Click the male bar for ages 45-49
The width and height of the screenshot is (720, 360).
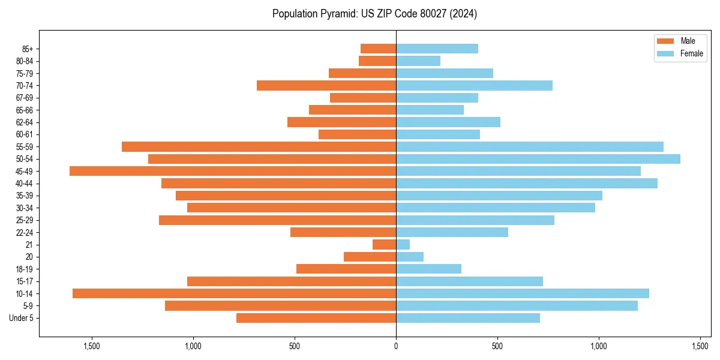coord(233,171)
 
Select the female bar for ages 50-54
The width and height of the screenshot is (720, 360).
coord(538,159)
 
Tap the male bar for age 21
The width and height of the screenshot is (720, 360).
coord(384,245)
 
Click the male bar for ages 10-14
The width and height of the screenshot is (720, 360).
coord(234,293)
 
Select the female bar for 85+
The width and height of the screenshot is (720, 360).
coord(437,49)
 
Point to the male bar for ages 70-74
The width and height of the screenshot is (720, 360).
coord(326,85)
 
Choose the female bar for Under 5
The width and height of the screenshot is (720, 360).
coord(468,318)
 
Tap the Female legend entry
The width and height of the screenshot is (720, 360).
coord(680,53)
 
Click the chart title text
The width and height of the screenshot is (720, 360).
coord(374,14)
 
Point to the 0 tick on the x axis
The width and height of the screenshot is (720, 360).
coord(396,346)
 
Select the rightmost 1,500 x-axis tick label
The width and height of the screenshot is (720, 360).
coord(701,346)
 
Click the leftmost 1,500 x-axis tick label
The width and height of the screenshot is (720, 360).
coord(92,346)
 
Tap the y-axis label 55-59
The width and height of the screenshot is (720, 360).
coord(25,147)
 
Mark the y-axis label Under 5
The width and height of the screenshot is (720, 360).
coord(22,318)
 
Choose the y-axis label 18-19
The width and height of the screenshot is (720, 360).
coord(25,269)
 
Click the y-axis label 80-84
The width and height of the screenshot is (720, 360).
coord(25,61)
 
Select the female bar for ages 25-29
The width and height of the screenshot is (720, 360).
coord(475,220)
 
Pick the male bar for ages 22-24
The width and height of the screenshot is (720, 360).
coord(343,232)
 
